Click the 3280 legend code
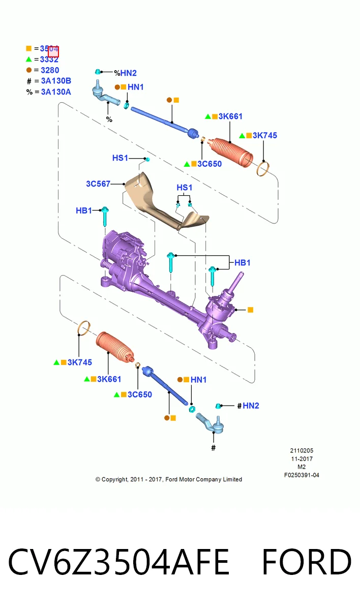(50, 70)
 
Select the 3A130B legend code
(56, 81)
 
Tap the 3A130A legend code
(56, 92)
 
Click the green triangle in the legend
(29, 59)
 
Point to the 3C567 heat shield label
(98, 184)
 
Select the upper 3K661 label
(230, 116)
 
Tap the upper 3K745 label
(265, 135)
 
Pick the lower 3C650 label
(140, 394)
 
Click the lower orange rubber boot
(115, 347)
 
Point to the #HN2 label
(248, 406)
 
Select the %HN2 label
(125, 73)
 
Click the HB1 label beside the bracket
(243, 262)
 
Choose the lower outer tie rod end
(211, 423)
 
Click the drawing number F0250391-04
(302, 475)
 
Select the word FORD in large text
(307, 562)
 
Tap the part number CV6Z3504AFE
(119, 562)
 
